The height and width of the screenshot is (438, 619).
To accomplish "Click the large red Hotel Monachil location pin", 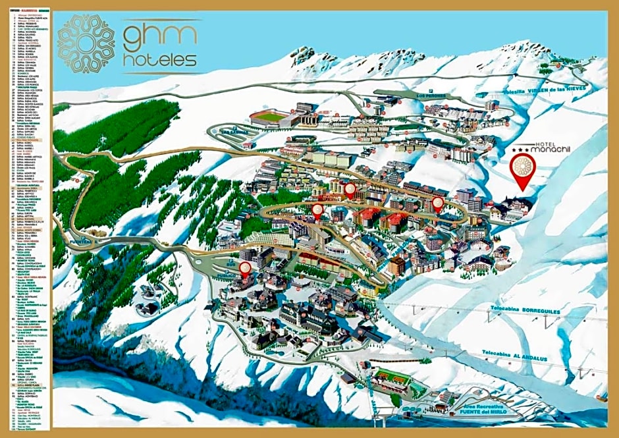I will click(x=523, y=169).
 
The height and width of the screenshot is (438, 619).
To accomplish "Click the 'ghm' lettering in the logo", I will click(x=159, y=36).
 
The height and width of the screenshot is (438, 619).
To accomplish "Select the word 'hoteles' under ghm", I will click(x=160, y=61).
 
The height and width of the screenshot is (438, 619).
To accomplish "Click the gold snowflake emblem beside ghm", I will click(x=86, y=43).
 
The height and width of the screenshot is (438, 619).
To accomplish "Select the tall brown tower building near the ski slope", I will click(x=396, y=265).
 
